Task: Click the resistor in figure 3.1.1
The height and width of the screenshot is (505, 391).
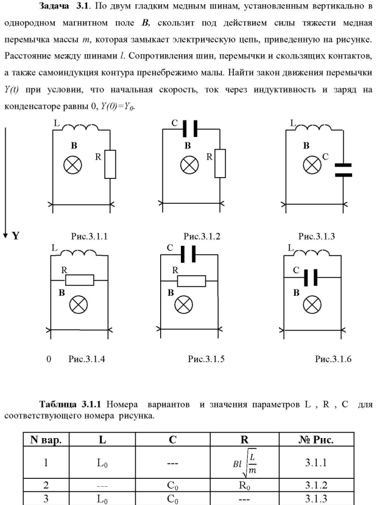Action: tap(110, 164)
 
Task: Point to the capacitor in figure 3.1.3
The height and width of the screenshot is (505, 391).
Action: tap(343, 169)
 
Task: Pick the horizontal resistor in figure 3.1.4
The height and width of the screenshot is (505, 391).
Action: tap(80, 280)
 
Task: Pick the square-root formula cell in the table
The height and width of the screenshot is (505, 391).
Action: tap(240, 463)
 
